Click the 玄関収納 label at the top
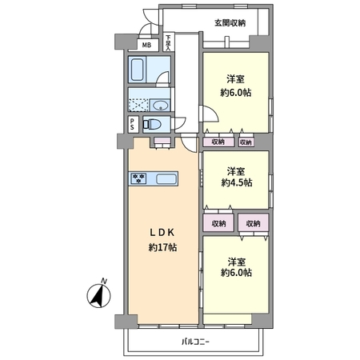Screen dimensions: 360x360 [x=230, y=23]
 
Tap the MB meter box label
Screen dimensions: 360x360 [x=146, y=45]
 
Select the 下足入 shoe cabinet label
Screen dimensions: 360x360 [x=168, y=42]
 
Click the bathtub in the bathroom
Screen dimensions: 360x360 [x=137, y=70]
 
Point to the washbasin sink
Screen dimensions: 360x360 [x=160, y=105]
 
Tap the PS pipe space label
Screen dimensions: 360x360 [x=132, y=124]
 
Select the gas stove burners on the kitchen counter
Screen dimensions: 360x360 [x=138, y=178]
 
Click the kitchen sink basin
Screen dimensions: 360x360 [x=166, y=178]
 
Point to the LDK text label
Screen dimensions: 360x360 [x=162, y=233]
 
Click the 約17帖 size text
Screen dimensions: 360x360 [x=162, y=248]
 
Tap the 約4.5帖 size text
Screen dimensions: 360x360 [x=237, y=182]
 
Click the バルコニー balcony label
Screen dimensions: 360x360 [x=195, y=342]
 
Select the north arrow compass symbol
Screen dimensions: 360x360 [x=98, y=296]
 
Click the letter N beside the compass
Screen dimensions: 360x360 [x=104, y=281]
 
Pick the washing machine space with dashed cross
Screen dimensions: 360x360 [x=138, y=105]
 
